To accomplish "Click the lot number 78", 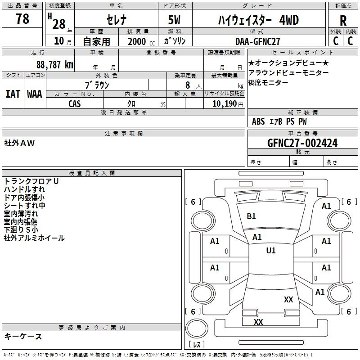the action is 22,19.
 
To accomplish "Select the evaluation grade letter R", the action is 343,21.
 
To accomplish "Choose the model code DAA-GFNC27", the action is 258,41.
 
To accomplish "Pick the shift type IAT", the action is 13,94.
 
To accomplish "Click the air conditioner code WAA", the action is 35,94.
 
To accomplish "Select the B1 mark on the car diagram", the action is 251,216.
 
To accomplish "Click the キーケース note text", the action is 23,337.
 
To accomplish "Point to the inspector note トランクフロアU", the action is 31,181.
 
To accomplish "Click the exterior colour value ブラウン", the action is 97,85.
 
